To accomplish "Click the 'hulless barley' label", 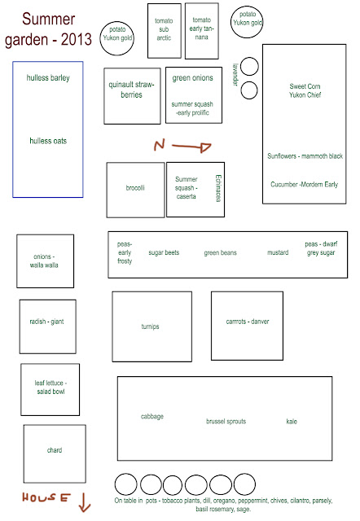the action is point(48,78).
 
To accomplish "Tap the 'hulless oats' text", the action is point(48,141).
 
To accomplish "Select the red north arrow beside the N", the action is point(191,147).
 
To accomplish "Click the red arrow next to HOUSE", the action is point(85,502).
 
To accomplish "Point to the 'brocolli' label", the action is point(135,188).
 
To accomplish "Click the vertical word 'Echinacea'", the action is point(218,188).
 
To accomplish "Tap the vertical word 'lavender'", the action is point(235,75).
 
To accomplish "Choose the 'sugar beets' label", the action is point(164,252).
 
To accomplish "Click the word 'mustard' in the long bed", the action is point(278,252).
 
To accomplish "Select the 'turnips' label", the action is point(150,326).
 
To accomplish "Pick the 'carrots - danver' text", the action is point(248,322).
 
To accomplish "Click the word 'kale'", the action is point(292,422).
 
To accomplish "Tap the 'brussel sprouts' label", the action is point(226,422).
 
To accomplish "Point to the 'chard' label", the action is point(55,450).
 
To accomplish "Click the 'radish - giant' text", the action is point(46,322).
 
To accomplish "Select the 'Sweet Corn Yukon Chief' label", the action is point(305,90).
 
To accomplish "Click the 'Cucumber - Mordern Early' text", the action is point(304,185).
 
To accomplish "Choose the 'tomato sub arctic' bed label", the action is point(164,29).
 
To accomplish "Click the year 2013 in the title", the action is point(77,39).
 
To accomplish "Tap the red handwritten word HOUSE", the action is point(46,497).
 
